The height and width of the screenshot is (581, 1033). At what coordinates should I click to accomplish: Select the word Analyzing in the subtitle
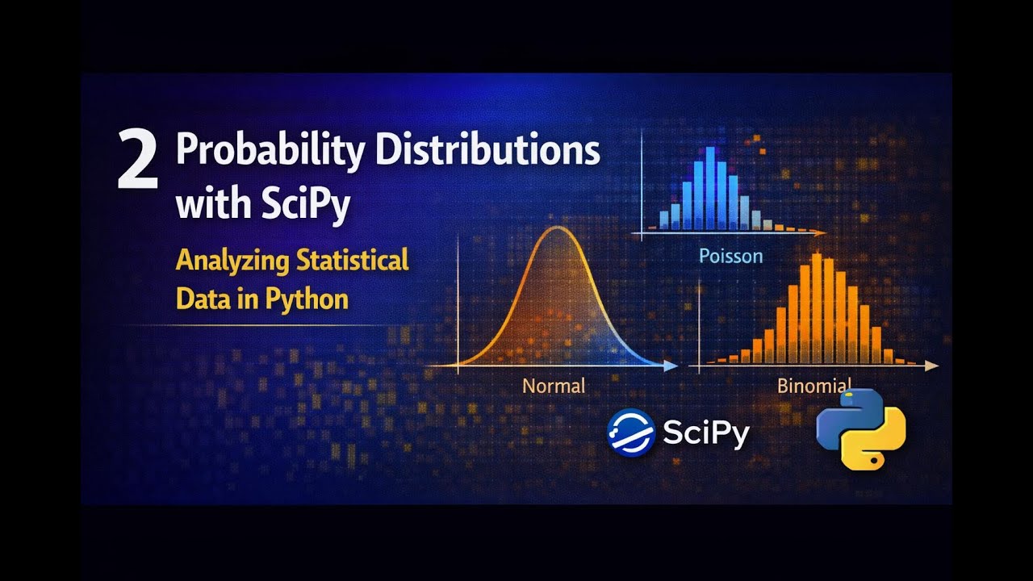pyautogui.click(x=233, y=261)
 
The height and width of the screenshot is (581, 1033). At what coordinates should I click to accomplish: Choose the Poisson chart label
pyautogui.click(x=730, y=257)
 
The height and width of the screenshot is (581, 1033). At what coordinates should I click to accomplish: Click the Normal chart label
pyautogui.click(x=554, y=386)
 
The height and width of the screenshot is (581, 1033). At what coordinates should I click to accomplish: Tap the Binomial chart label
pyautogui.click(x=813, y=385)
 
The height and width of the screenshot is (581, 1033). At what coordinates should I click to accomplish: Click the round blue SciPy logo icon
pyautogui.click(x=630, y=433)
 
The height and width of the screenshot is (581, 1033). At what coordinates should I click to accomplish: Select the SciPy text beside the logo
pyautogui.click(x=706, y=433)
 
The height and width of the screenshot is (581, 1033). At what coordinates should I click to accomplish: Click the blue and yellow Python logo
pyautogui.click(x=860, y=428)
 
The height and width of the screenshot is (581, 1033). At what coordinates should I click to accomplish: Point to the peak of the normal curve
pyautogui.click(x=556, y=228)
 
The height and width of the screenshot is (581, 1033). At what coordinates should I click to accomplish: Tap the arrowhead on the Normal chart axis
pyautogui.click(x=671, y=366)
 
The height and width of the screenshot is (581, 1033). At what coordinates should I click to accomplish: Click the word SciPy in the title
pyautogui.click(x=306, y=203)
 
